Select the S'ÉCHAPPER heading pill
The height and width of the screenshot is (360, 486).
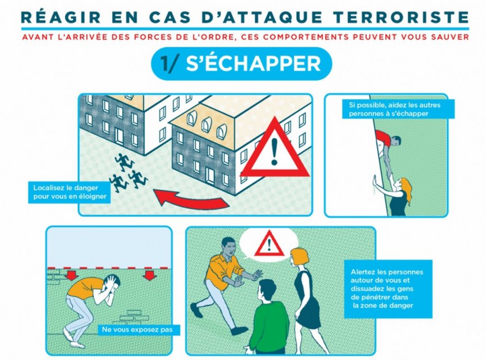(x=241, y=64)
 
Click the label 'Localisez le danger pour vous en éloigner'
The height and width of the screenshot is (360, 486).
(x=70, y=192)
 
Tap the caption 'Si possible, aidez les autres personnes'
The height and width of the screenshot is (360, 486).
(x=398, y=109)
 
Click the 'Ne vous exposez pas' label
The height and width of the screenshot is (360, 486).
(x=137, y=329)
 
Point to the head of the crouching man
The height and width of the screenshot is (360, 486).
(x=112, y=284)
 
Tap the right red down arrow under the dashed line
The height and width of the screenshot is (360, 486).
(x=150, y=275)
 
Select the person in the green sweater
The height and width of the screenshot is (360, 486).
(x=269, y=316)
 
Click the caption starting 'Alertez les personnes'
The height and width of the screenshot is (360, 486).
(x=388, y=289)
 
